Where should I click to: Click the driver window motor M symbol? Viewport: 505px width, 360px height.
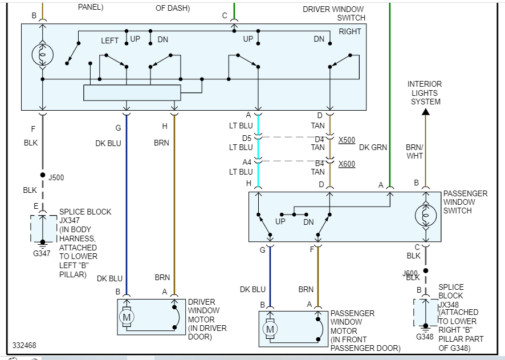click(x=127, y=316)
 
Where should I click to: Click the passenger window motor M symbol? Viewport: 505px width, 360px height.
click(x=270, y=329)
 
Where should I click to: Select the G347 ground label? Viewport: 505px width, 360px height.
click(x=42, y=253)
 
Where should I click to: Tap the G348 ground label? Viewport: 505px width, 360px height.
click(x=425, y=337)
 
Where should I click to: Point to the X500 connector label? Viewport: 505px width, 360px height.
click(x=346, y=140)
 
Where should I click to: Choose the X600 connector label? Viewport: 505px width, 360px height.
click(x=346, y=164)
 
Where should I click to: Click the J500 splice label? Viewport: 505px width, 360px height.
click(x=56, y=177)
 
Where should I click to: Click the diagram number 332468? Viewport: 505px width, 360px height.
click(x=25, y=346)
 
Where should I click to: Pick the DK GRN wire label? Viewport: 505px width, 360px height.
click(x=373, y=147)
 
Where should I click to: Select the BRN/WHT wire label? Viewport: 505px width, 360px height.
click(x=414, y=151)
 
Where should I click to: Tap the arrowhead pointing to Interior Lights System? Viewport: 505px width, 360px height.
click(x=425, y=112)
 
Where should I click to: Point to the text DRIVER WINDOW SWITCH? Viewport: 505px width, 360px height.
click(x=333, y=14)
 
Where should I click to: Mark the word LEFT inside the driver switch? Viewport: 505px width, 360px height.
click(x=110, y=41)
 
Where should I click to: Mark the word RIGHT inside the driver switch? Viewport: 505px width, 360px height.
click(x=350, y=31)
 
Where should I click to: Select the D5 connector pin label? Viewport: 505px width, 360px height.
click(x=246, y=138)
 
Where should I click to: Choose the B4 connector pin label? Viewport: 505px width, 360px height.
click(x=320, y=163)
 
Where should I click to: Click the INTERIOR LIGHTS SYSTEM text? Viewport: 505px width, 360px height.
click(x=425, y=93)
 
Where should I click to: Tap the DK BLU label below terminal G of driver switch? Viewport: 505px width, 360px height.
click(x=108, y=143)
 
